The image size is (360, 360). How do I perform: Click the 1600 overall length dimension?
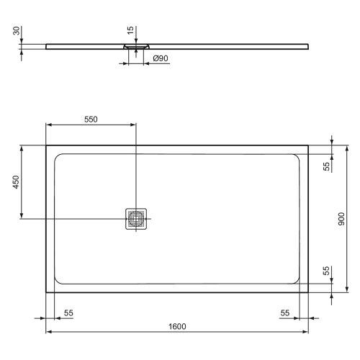pos(178,326)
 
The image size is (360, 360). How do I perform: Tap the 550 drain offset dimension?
pos(91,119)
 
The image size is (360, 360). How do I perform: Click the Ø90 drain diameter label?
pos(160,58)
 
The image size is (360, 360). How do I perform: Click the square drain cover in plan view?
pos(136,218)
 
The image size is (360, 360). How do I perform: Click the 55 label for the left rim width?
pos(68,313)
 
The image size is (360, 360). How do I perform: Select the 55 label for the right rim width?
pos(285,313)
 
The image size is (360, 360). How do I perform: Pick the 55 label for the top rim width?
pos(326,166)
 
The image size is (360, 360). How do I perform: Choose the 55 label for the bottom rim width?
pos(326,271)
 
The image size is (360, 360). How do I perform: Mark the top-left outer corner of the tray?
pos(46,145)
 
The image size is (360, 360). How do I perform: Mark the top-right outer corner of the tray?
pos(310,145)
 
